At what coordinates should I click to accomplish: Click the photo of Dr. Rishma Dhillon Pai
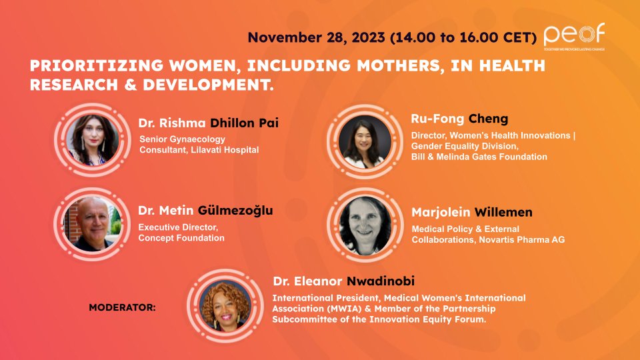click(93, 142)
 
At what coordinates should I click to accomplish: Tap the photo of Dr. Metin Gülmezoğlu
click(93, 223)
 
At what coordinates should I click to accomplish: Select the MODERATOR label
click(122, 308)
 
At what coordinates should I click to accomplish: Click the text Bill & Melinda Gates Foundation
click(479, 157)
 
